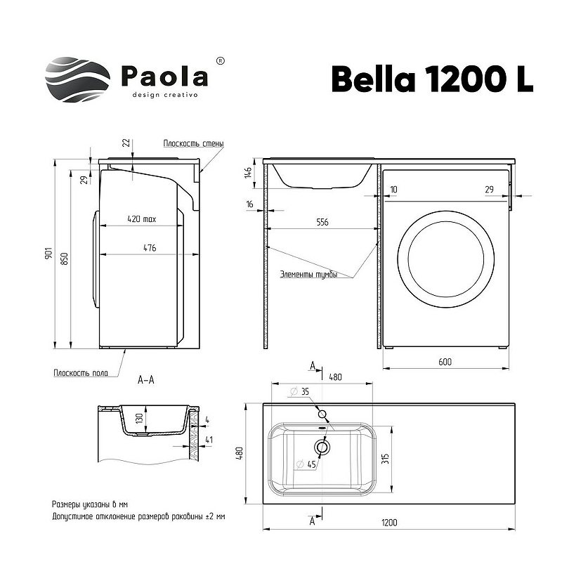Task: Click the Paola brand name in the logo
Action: (x=165, y=76)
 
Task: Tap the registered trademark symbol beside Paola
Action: (x=221, y=61)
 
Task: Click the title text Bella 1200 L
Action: (x=433, y=79)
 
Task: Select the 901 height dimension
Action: (x=49, y=253)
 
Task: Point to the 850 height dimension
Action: (x=65, y=259)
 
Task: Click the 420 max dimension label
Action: (x=142, y=218)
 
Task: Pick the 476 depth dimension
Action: (x=150, y=248)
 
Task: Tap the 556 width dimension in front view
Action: (x=322, y=222)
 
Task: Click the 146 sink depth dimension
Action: (x=248, y=173)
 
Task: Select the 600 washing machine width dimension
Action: (x=445, y=362)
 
